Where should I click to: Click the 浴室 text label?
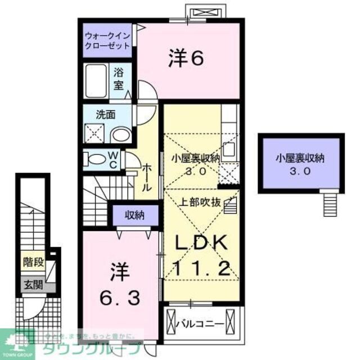[119, 79]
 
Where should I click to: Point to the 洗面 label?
[106, 114]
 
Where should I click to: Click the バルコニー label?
[199, 324]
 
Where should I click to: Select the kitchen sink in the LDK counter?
[229, 149]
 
